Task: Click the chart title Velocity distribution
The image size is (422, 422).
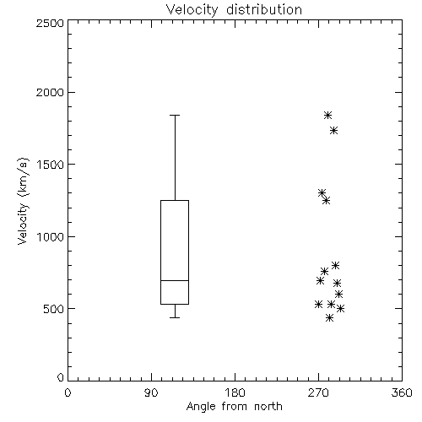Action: click(x=234, y=10)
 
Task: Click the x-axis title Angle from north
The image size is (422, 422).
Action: click(x=234, y=407)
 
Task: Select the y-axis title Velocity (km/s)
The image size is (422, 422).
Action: click(x=23, y=201)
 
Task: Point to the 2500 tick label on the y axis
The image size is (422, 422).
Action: click(x=50, y=23)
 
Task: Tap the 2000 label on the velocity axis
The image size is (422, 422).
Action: click(x=50, y=93)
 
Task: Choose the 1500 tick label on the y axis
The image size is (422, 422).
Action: click(x=51, y=165)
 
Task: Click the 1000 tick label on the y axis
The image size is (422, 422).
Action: click(x=51, y=237)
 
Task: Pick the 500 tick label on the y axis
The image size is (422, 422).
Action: click(x=54, y=309)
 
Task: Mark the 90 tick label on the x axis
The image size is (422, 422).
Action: click(x=151, y=392)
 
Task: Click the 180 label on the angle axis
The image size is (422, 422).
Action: click(x=235, y=392)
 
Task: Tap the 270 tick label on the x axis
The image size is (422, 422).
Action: click(x=318, y=392)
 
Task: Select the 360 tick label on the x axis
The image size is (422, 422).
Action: click(x=402, y=392)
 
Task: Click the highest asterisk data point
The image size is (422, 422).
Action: click(x=327, y=115)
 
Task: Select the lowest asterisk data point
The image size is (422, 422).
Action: click(x=329, y=318)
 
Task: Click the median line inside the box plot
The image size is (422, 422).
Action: click(x=175, y=280)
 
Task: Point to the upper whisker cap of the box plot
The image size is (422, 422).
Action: click(x=175, y=115)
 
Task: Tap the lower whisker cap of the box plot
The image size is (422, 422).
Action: click(x=175, y=317)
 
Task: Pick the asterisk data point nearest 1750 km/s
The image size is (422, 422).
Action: click(x=333, y=131)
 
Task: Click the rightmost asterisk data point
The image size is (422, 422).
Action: click(x=340, y=309)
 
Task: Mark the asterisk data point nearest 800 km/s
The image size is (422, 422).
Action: click(x=335, y=265)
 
